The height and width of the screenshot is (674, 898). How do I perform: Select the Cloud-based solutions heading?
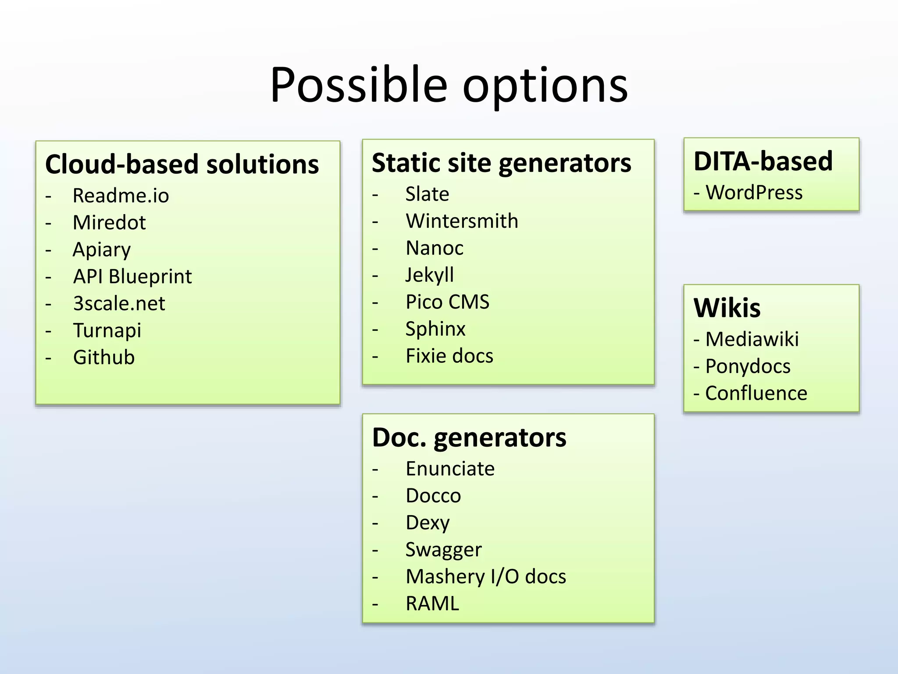(182, 165)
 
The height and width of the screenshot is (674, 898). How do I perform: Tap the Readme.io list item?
(121, 196)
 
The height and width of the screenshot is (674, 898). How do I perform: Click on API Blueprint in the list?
(132, 276)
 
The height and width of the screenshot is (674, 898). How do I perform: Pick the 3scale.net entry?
(119, 304)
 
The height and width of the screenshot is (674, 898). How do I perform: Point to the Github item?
(104, 357)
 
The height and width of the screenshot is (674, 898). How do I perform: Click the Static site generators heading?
(502, 163)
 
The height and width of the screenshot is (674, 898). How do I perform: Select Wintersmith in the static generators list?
(462, 221)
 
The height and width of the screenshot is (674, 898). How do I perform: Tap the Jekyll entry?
(430, 275)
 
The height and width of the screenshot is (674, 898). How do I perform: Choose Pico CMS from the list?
(447, 302)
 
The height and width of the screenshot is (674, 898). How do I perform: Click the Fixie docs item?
(449, 356)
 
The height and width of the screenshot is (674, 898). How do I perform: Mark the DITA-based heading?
(763, 161)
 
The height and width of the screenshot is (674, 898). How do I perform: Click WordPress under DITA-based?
(754, 193)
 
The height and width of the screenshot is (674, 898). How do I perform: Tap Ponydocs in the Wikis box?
(748, 366)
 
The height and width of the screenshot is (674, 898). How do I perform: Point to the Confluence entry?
(756, 393)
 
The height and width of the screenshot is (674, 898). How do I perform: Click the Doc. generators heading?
(469, 438)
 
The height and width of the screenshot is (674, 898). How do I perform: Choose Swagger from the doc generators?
(443, 550)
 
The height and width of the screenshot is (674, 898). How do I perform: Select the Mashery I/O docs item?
(486, 577)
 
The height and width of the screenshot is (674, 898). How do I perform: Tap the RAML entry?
(432, 604)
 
